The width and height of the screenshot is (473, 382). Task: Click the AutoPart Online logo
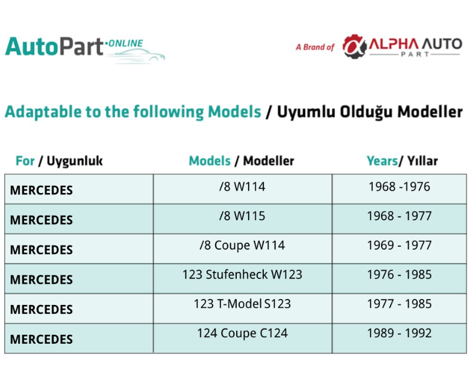(85, 50)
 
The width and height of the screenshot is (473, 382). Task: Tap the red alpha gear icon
(354, 46)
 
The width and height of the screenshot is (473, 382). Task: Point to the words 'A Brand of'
(315, 47)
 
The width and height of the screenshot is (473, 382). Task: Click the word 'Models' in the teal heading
(234, 112)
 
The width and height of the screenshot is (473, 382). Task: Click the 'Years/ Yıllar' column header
(402, 161)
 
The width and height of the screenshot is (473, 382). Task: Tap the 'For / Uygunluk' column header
(59, 161)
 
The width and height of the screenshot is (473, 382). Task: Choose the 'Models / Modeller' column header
(242, 161)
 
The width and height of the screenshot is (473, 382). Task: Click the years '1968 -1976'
(399, 187)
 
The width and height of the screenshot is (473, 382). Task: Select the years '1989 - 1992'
(399, 333)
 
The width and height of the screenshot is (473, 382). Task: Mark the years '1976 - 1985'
(399, 275)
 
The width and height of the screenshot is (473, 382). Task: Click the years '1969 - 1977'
(399, 245)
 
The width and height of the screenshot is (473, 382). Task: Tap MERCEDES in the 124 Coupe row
(41, 340)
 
